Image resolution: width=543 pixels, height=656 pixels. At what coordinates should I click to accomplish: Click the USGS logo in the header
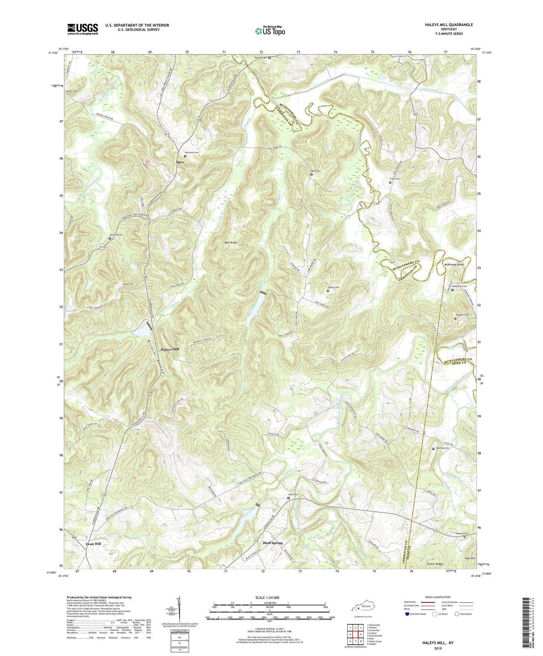[x=83, y=29]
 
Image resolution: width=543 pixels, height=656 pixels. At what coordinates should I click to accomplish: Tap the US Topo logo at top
[x=270, y=31]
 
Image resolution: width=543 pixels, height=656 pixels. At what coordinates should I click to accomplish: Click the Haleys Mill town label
[x=170, y=349]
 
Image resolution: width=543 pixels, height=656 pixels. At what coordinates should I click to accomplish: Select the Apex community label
[x=180, y=162]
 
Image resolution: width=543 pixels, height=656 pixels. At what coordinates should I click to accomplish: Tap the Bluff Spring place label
[x=272, y=543]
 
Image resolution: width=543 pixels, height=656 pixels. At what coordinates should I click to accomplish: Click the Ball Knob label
[x=230, y=243]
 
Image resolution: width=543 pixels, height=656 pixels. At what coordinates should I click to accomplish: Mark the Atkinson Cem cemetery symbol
[x=185, y=156]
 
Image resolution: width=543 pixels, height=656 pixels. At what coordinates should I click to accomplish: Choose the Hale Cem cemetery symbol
[x=289, y=498]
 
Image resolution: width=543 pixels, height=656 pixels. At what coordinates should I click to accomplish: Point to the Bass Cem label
[x=316, y=171]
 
